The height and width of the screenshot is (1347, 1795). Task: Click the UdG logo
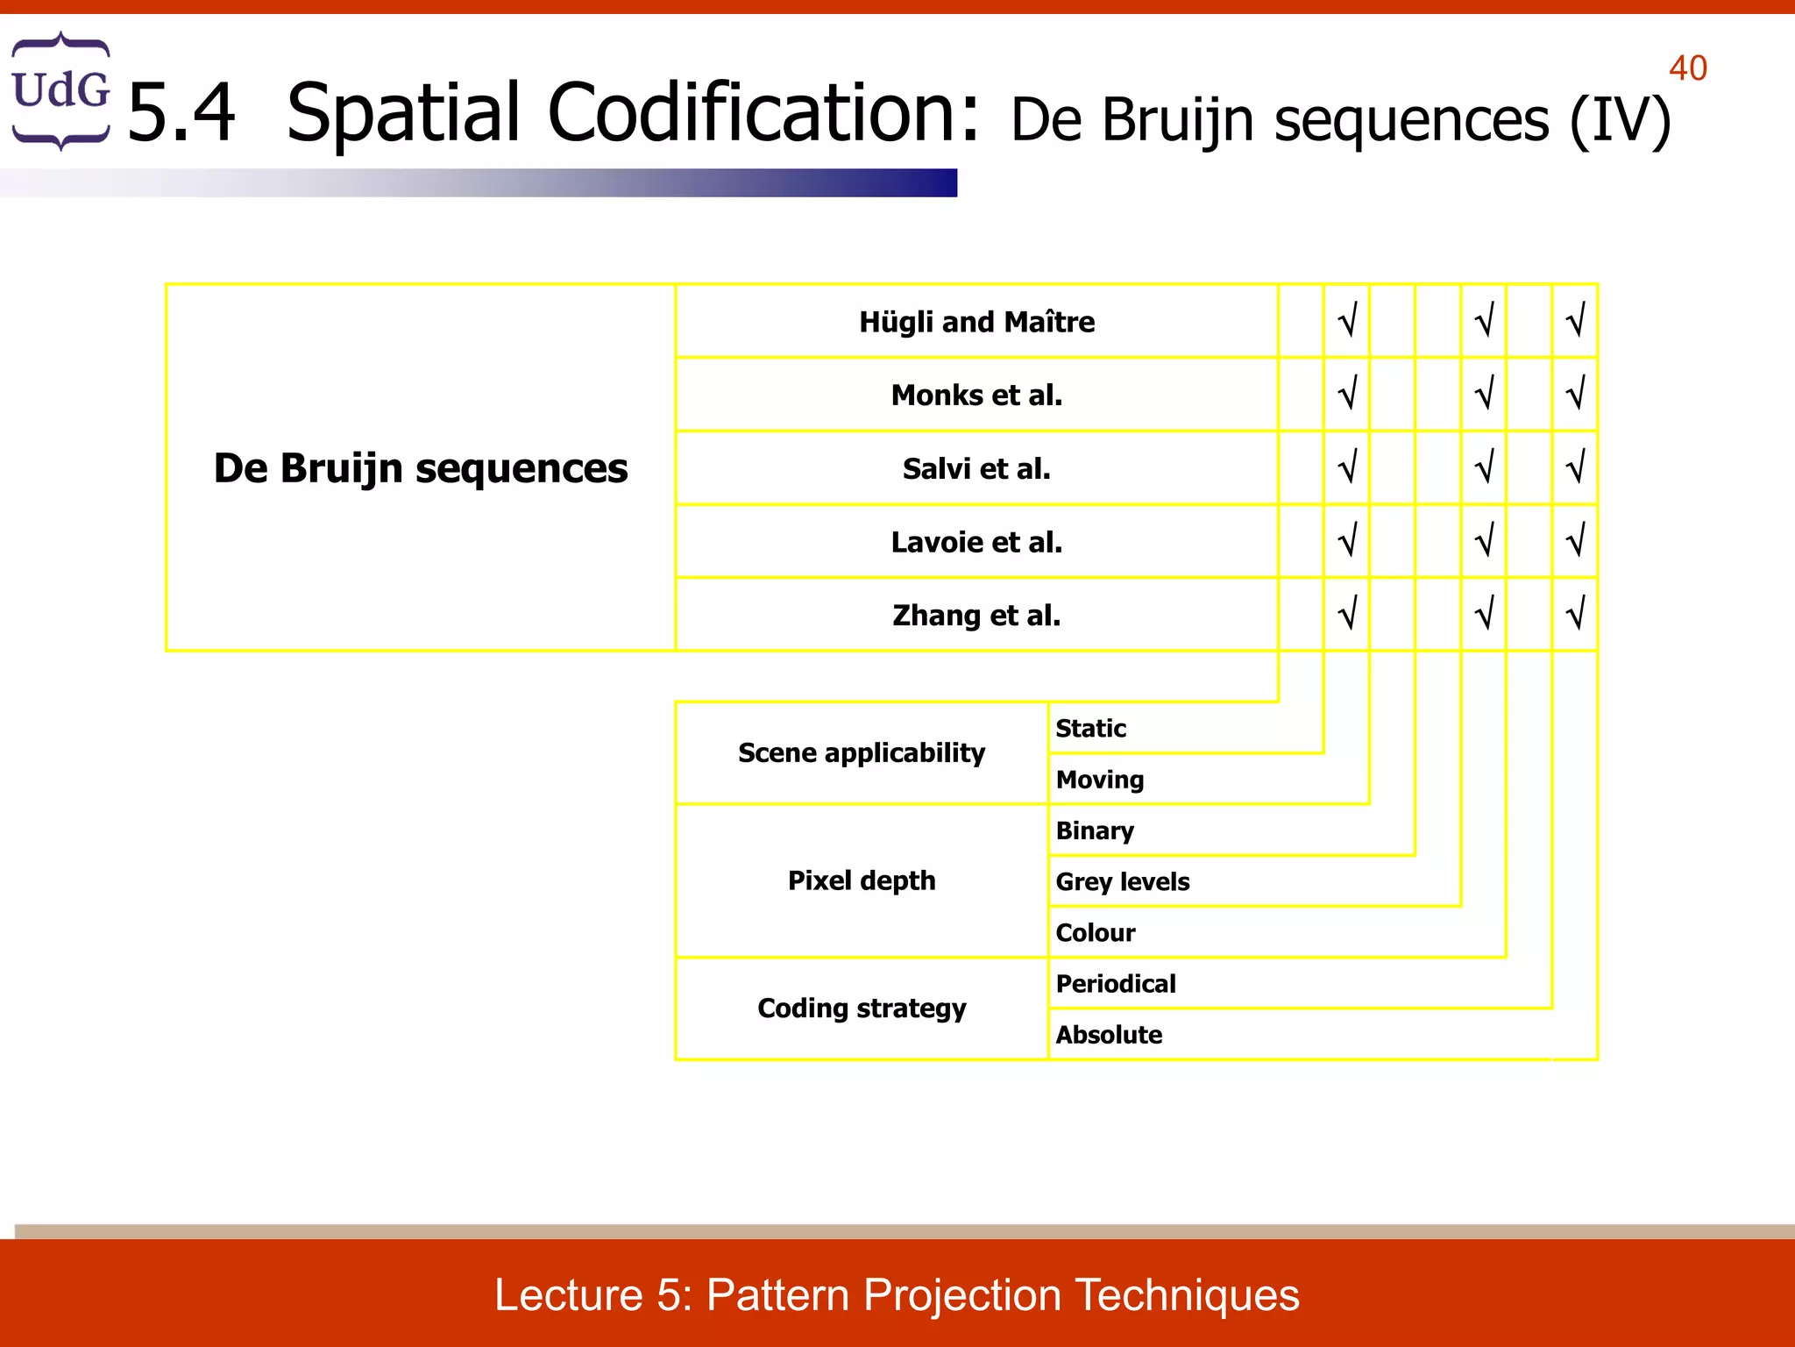[x=60, y=90]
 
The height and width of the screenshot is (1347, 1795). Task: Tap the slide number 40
[x=1687, y=68]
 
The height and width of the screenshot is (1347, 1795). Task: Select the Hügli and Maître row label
[x=976, y=322]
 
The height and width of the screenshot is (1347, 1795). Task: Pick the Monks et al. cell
[x=976, y=396]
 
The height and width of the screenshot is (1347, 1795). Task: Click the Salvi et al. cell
[x=976, y=469]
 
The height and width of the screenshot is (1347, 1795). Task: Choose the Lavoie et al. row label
[x=976, y=543]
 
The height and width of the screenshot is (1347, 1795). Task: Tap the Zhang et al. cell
[x=976, y=616]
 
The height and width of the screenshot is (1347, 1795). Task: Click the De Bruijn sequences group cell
[x=421, y=468]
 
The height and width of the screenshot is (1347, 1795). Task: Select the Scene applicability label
[x=862, y=753]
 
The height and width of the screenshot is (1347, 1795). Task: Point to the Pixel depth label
[x=862, y=880]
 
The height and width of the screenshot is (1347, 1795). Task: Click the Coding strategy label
[x=862, y=1008]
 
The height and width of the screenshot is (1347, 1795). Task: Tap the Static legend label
[x=1090, y=729]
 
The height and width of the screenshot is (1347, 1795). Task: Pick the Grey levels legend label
[x=1122, y=882]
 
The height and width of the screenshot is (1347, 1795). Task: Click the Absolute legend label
[x=1109, y=1035]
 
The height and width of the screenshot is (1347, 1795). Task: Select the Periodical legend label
[x=1116, y=984]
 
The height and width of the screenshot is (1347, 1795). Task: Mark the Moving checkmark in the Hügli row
[x=1347, y=321]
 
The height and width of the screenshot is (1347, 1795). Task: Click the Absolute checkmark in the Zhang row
[x=1575, y=614]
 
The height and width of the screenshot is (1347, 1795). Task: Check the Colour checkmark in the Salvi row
[x=1484, y=467]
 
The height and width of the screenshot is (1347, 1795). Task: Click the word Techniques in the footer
[x=1187, y=1295]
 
